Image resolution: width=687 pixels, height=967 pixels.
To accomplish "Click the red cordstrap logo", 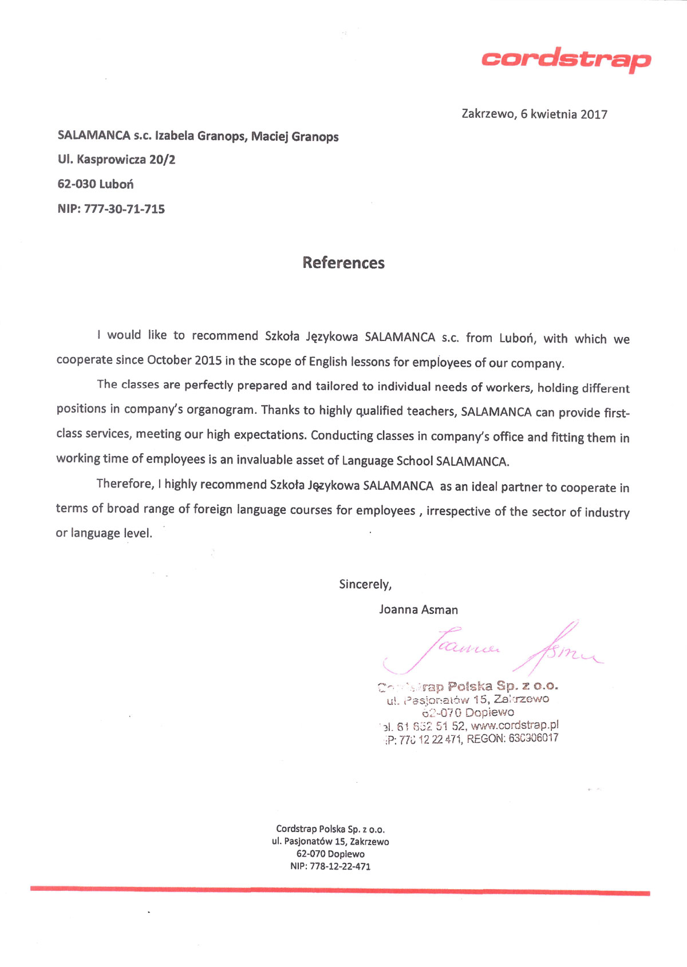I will pos(566,60).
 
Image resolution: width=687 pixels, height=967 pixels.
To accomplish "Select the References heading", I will pos(343,263).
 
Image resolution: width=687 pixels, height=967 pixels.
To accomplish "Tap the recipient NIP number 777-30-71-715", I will pos(124,209).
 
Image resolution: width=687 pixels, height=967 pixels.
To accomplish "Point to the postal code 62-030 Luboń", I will pos(96,184).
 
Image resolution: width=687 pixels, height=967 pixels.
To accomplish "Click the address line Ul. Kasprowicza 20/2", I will pos(116,159).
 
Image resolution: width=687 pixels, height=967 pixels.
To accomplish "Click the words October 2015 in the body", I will pos(184,360).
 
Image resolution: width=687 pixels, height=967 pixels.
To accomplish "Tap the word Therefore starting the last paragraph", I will pos(125,483).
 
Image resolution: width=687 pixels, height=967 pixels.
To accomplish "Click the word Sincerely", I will pos(365,584).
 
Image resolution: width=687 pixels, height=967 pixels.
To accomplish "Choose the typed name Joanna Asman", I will pos(418,609).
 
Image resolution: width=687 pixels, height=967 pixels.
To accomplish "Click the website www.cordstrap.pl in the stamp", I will pos(514,726).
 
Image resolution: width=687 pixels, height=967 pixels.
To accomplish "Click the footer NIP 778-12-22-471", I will pos(330,866).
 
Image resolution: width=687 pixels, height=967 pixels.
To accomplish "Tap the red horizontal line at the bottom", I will pos(340,890).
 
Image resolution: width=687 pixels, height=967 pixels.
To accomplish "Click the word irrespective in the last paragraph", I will pos(458,511).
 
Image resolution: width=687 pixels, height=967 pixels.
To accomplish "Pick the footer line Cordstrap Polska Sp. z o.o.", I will pos(330,829).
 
